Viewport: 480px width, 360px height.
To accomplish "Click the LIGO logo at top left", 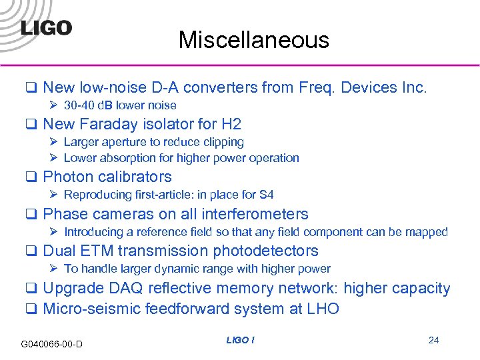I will tap(45, 27).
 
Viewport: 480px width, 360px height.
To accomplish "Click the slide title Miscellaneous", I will tap(253, 40).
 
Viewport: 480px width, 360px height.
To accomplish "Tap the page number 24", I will tap(433, 340).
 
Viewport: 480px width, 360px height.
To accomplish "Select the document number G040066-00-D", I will tap(52, 344).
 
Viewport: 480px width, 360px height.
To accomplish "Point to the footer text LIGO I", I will tap(240, 340).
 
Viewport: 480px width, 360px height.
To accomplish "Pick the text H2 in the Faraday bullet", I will tap(230, 124).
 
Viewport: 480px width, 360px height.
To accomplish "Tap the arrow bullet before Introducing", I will tap(55, 232).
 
